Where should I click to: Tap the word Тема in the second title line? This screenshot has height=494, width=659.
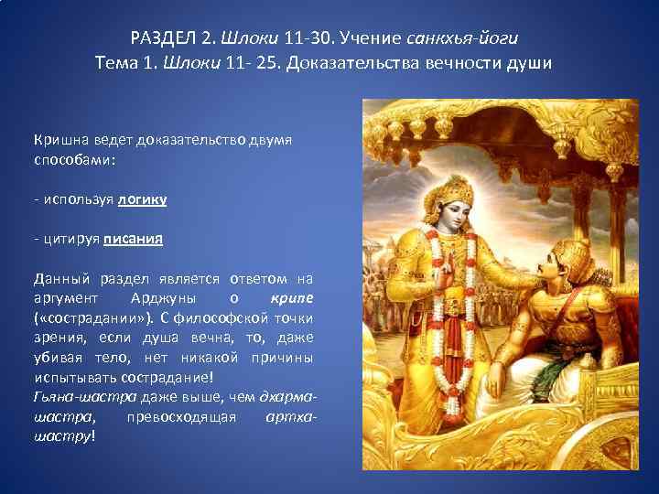tap(116, 63)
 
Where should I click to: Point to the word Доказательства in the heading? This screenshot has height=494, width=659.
tap(386, 63)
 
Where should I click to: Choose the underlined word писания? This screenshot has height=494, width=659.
tap(133, 240)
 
